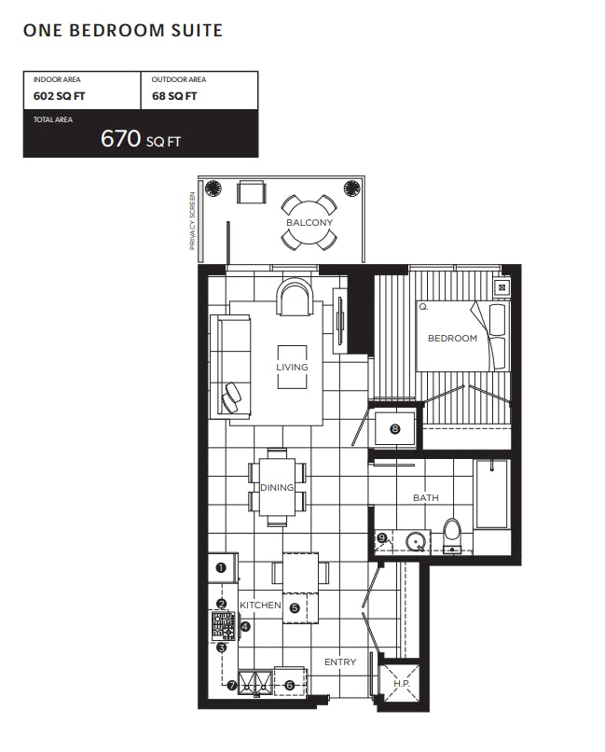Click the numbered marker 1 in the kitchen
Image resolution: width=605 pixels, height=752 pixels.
coord(221,567)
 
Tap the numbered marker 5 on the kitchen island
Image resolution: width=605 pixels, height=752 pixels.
coord(295,608)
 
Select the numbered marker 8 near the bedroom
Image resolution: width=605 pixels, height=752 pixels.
coord(394,429)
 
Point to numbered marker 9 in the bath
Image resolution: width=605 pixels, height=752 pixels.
coord(382,537)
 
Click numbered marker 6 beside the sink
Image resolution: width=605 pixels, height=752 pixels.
coord(289,686)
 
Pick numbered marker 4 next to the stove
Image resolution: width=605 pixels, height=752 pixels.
coord(245,626)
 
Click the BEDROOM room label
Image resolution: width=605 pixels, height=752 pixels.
coord(452,338)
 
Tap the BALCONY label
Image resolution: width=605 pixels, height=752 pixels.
coord(309,223)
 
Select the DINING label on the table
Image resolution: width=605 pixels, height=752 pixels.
coord(277,487)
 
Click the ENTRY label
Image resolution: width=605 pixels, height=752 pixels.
coord(340,661)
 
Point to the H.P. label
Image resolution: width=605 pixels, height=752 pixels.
coord(402,683)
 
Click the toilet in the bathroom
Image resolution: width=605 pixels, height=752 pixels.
coord(452,534)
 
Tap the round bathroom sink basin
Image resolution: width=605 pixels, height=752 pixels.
coord(415,542)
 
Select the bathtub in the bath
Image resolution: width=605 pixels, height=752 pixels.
coord(491,494)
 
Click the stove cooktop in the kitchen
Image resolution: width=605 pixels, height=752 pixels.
coord(224,626)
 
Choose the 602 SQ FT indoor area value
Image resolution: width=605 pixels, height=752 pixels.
coord(59,96)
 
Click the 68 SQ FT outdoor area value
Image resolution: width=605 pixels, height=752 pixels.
coord(174,96)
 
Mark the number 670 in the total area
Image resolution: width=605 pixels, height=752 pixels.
coord(120,138)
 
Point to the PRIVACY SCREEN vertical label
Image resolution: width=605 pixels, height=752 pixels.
coord(193,220)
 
